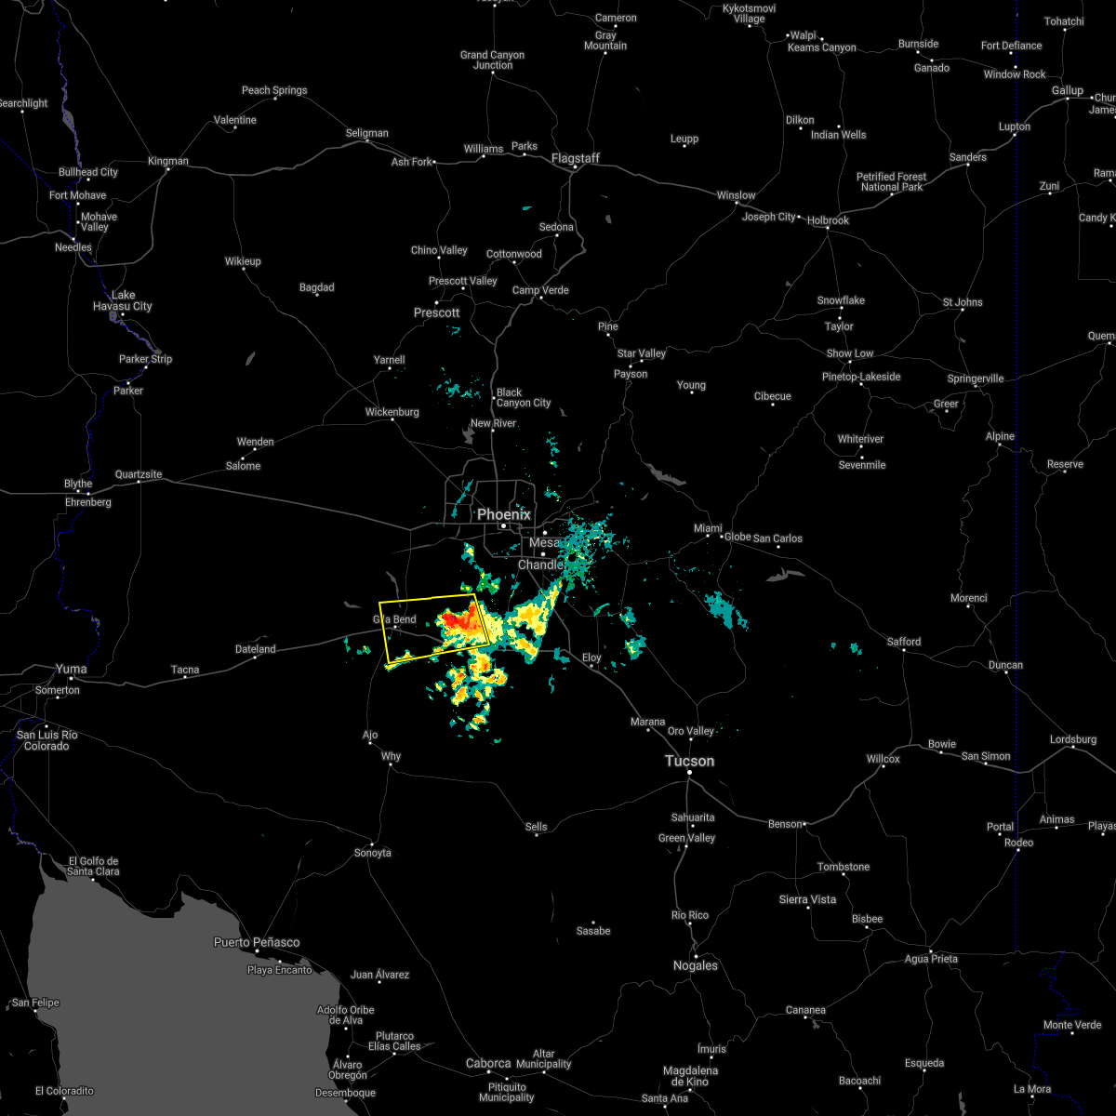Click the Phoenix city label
tap(504, 514)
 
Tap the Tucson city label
tap(689, 761)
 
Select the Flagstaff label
tap(576, 158)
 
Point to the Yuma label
tap(71, 669)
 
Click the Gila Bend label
tap(394, 619)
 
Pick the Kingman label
tap(167, 161)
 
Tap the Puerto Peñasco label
tap(257, 942)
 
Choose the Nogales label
tap(696, 965)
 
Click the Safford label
tap(903, 642)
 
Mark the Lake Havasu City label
tap(123, 300)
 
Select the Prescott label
tap(437, 312)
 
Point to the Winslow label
tap(736, 195)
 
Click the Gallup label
tap(1068, 90)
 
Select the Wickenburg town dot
tap(392, 418)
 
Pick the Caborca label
tap(488, 1063)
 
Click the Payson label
tap(631, 374)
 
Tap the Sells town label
tap(537, 827)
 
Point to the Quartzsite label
tap(139, 474)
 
